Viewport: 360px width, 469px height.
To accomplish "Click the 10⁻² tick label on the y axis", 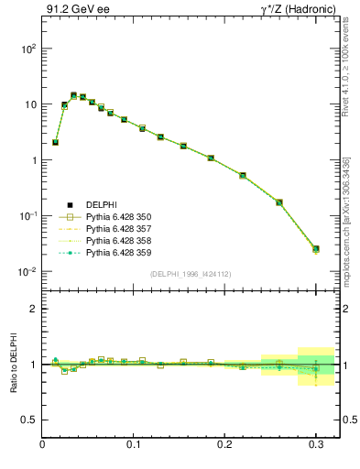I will (25, 272).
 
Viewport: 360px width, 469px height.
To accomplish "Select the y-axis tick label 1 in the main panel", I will (32, 160).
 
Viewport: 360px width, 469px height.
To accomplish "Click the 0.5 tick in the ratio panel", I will (27, 420).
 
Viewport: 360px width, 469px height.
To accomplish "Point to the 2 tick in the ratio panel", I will (33, 309).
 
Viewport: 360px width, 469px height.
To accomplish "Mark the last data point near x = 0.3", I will (316, 248).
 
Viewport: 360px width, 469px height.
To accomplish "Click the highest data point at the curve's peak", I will (73, 95).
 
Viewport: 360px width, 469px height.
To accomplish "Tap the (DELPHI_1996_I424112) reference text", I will (191, 274).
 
